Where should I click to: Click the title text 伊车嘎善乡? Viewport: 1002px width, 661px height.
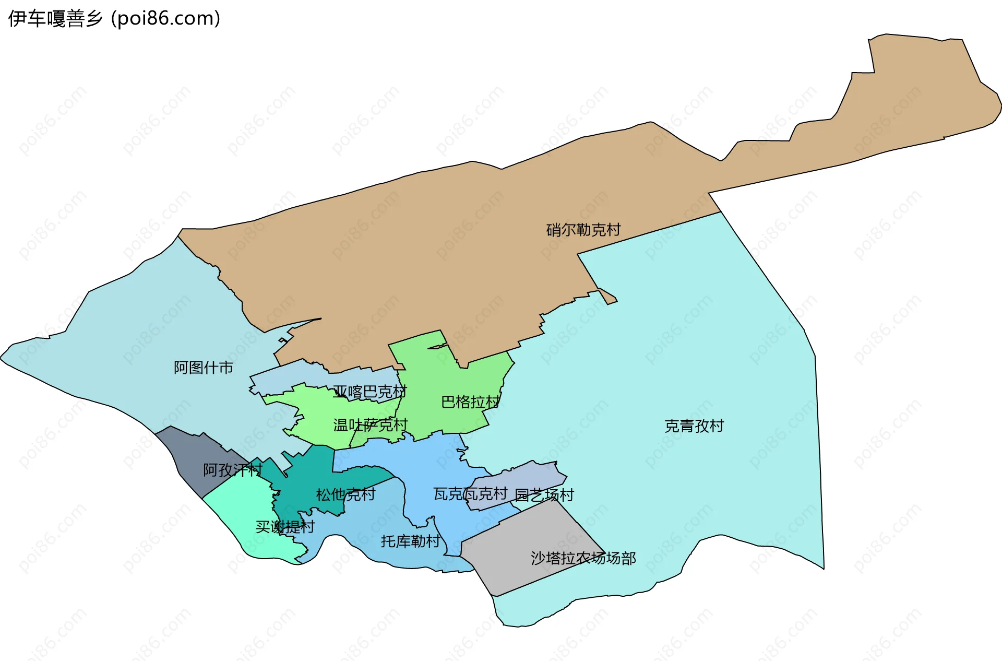[x=55, y=19]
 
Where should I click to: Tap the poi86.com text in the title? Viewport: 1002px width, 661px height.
[x=166, y=19]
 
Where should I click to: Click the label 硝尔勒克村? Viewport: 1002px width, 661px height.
[x=583, y=230]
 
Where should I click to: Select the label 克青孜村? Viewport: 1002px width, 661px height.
[x=694, y=426]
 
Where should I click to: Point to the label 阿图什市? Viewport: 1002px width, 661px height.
[x=203, y=368]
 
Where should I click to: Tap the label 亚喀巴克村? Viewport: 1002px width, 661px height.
[x=369, y=392]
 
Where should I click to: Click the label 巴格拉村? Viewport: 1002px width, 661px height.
[x=470, y=402]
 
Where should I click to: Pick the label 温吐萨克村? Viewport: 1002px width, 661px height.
[x=370, y=425]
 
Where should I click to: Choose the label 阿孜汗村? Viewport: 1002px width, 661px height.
[x=232, y=470]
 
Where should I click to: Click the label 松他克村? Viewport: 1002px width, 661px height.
[x=345, y=494]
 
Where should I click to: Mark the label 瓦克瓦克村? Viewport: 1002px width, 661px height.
[x=470, y=493]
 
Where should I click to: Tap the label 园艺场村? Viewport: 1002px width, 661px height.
[x=544, y=494]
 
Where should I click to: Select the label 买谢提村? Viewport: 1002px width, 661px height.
[x=285, y=526]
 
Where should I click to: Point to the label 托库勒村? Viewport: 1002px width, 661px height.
[x=411, y=541]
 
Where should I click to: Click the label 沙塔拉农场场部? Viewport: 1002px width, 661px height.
[x=583, y=558]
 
